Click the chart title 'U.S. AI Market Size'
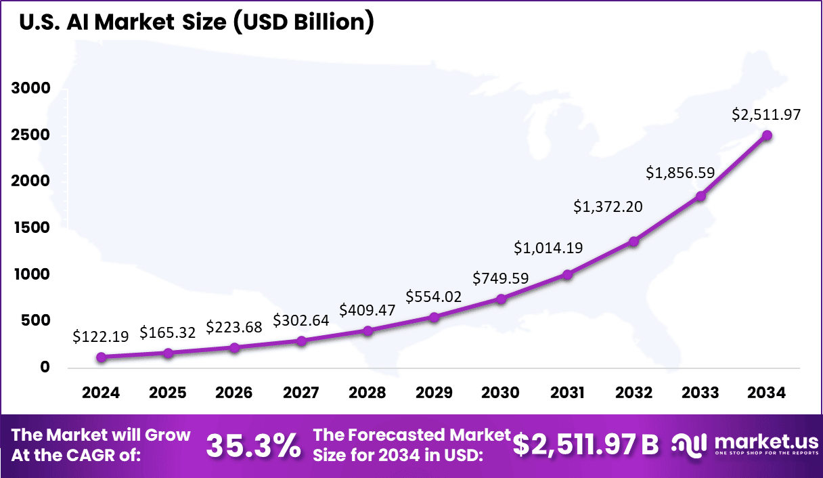196,22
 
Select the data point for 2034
767,135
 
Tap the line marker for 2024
102,357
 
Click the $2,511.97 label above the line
766,114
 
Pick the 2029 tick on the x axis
434,393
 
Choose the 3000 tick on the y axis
30,89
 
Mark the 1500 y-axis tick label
30,228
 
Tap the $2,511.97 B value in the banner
585,444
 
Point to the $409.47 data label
368,309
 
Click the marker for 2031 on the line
567,274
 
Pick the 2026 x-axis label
234,393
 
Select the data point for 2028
368,330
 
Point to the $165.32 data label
168,332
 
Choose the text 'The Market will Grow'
102,435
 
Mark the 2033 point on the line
700,196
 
